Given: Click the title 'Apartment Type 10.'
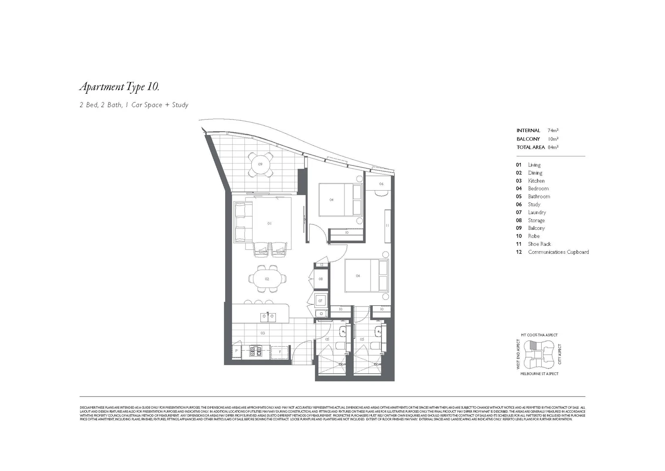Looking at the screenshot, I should (x=119, y=87).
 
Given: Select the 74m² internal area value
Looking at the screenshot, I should (x=553, y=130).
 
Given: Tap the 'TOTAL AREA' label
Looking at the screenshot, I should (x=530, y=147).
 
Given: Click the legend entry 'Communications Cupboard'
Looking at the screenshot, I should (x=558, y=252).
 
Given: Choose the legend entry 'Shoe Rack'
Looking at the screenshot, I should (x=539, y=244).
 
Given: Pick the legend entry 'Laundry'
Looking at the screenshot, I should (x=537, y=212).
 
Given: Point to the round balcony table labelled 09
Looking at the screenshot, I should (x=260, y=164).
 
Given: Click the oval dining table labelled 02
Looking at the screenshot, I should (x=267, y=279).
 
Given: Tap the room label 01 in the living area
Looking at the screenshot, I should (x=270, y=223).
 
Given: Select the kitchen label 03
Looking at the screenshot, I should (x=263, y=333).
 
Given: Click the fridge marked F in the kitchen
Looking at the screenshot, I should (x=280, y=351).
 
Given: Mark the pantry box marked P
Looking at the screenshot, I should (x=236, y=351).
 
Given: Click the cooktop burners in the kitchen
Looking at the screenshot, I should (x=256, y=351).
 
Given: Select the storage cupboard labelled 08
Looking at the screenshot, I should (x=321, y=279).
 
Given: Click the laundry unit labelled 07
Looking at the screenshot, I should (x=321, y=301).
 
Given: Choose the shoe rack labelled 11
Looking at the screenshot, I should (x=387, y=225).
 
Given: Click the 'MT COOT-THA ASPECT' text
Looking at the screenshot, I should (x=539, y=335).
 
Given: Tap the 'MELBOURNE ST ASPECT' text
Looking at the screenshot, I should (x=539, y=374).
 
